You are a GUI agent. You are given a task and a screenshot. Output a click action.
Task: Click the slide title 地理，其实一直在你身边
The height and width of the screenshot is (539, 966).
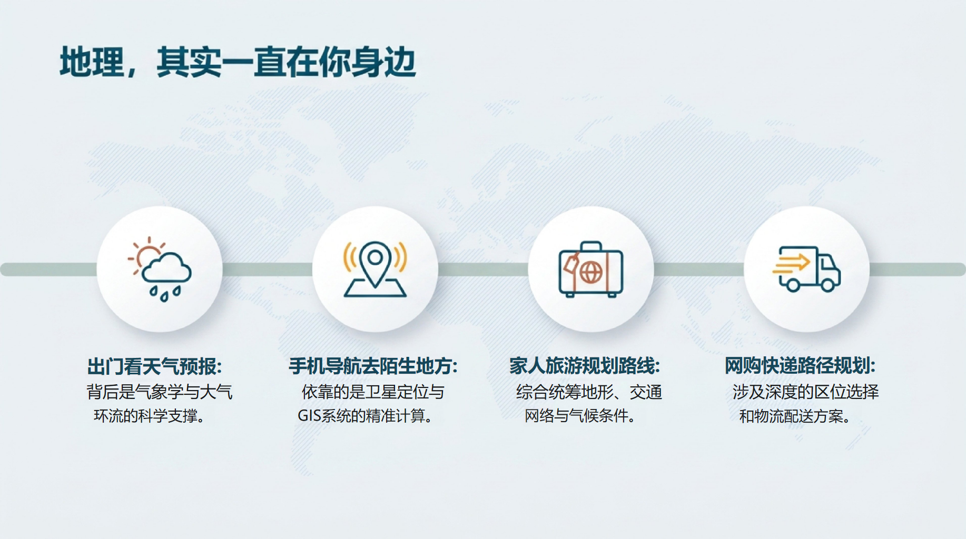point(238,63)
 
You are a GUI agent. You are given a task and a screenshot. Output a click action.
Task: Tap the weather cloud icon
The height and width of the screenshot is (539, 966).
point(160,269)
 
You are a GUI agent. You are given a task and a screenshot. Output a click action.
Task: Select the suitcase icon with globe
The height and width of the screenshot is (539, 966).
point(590,269)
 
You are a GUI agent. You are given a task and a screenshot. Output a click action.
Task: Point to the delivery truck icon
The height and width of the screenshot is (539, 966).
point(806,269)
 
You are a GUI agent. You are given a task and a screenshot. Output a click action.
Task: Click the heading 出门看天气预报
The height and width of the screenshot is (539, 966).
point(155,366)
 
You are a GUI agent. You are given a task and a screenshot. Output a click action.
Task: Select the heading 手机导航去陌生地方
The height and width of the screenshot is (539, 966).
point(373,366)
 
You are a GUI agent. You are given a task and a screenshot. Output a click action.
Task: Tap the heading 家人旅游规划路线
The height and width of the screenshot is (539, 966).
point(585,366)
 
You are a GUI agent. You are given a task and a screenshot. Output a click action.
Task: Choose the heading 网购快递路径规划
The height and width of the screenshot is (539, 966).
point(800,366)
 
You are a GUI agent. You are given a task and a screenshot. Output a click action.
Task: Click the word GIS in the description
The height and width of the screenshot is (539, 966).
point(309,416)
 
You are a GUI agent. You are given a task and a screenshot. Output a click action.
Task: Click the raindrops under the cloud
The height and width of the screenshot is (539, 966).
point(165,294)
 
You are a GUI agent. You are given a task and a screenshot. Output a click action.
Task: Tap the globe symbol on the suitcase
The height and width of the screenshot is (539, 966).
point(591,273)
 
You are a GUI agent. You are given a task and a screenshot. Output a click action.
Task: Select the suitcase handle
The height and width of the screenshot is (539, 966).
point(591,246)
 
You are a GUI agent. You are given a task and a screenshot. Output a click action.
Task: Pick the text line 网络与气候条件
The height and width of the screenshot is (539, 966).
point(580,416)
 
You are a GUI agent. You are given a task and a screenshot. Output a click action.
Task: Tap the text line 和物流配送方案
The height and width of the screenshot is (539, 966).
point(795,416)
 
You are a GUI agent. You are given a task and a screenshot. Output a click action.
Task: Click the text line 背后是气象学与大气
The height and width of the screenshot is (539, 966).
point(160,392)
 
